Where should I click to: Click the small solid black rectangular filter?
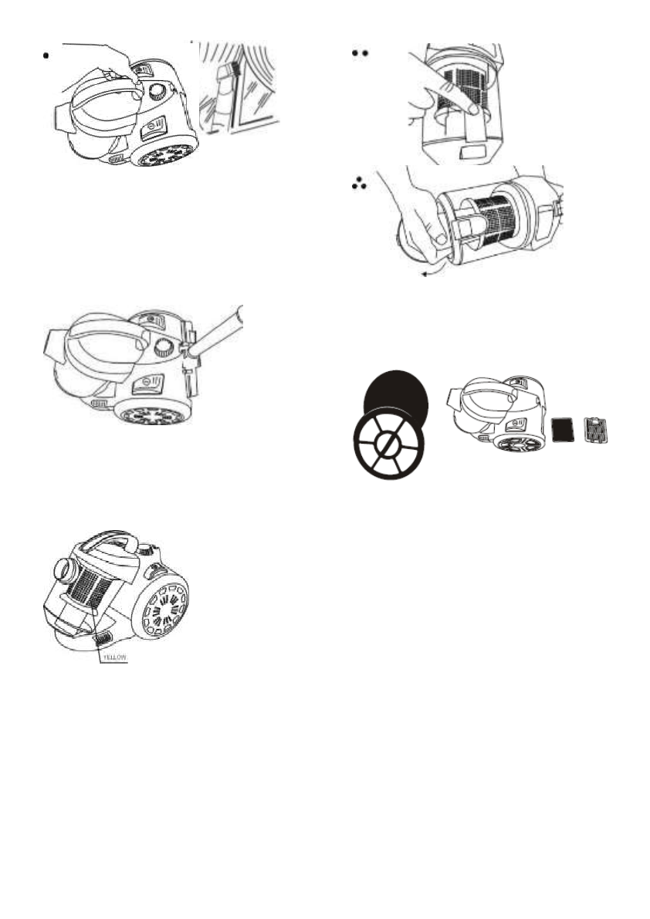coord(564,427)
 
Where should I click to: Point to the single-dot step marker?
coord(46,56)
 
